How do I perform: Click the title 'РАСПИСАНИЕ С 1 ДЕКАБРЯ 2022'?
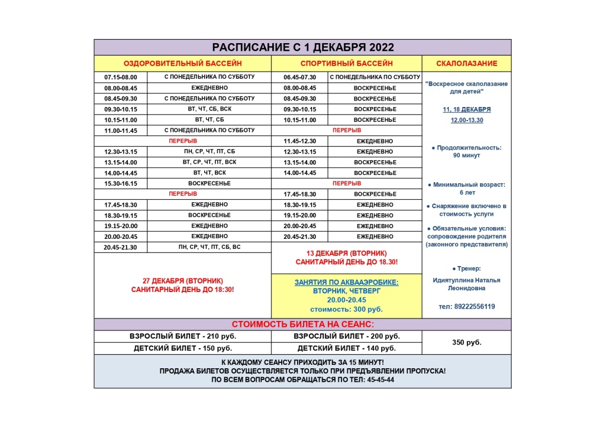click(302, 47)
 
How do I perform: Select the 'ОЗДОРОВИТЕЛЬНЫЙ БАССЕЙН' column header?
click(182, 63)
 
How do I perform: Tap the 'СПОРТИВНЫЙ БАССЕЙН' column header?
click(346, 63)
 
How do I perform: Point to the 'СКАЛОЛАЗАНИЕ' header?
click(466, 63)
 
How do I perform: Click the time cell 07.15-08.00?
click(120, 77)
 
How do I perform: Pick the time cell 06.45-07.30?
click(299, 77)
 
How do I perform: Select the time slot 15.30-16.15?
click(120, 184)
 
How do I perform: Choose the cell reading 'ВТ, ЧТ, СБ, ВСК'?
click(209, 109)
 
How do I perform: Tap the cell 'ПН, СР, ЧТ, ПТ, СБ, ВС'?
click(209, 247)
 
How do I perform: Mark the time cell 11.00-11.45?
click(120, 131)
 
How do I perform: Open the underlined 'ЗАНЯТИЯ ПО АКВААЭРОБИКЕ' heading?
click(346, 283)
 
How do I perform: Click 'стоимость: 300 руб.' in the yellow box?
click(346, 309)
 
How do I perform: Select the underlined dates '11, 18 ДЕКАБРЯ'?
click(466, 109)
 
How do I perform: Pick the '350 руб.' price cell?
click(466, 342)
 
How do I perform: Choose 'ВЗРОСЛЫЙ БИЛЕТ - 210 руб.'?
click(182, 336)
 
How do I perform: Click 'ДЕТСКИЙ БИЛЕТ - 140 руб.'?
click(346, 348)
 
